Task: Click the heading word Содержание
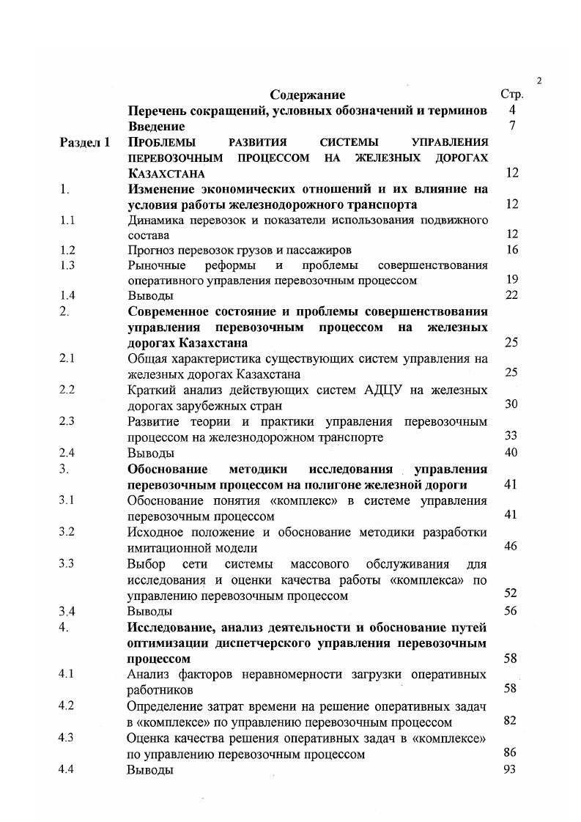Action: click(307, 95)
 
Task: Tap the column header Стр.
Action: click(511, 95)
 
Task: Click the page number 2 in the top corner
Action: click(539, 81)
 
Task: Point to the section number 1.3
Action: click(68, 265)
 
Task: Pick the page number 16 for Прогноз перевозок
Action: click(511, 250)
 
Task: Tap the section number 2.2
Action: click(68, 390)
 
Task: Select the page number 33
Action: click(511, 436)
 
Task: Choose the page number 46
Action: click(511, 547)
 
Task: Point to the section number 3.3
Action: click(68, 563)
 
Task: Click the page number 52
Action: click(511, 594)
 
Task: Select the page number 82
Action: click(511, 721)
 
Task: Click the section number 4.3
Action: click(68, 738)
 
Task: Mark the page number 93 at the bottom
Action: click(511, 769)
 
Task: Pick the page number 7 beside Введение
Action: click(513, 126)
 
